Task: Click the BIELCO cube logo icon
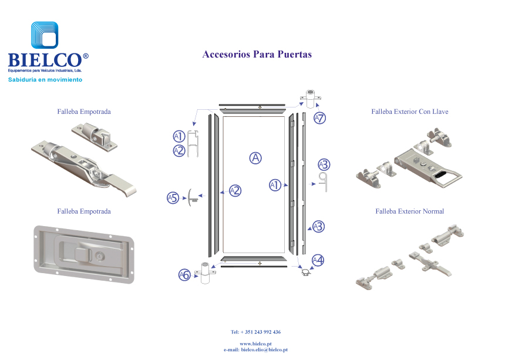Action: tap(45, 36)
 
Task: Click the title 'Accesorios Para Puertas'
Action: tap(257, 55)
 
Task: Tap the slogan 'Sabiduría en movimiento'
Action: tap(45, 79)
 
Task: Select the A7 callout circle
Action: tap(319, 118)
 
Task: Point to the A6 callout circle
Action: tap(184, 274)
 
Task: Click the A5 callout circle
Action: tap(172, 197)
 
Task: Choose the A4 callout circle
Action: tap(318, 260)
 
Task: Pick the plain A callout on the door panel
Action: tap(255, 157)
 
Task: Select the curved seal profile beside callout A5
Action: tap(191, 198)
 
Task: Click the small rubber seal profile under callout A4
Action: tap(305, 272)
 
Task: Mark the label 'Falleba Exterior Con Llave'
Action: tap(410, 112)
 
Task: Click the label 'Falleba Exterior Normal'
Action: tap(410, 211)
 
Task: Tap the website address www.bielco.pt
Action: tap(255, 344)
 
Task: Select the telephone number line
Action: tap(255, 332)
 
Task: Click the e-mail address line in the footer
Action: tap(255, 349)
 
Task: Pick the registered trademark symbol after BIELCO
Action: tap(86, 56)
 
